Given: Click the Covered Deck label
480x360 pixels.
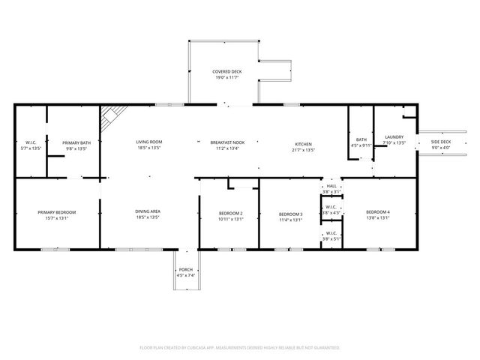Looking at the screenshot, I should [226, 73].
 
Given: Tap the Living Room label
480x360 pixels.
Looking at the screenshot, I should [148, 144].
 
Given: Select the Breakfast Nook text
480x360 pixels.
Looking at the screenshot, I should [226, 144].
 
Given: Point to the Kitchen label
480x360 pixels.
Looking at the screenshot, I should [303, 146].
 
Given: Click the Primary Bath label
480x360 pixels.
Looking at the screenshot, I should [76, 145].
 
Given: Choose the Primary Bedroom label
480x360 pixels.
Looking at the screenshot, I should [57, 214].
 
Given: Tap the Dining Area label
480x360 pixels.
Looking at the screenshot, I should [148, 214].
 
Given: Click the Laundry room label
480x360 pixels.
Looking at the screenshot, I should [394, 139].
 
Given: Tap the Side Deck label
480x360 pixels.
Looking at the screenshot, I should [440, 144].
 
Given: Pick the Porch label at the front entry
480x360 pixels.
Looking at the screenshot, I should [185, 272].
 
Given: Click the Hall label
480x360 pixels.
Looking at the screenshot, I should [331, 189].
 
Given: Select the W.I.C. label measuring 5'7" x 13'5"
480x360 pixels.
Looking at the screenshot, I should [31, 145].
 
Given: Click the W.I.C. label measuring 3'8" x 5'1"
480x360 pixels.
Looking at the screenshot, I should [331, 235].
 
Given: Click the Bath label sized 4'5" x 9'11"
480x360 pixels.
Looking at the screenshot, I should [361, 142].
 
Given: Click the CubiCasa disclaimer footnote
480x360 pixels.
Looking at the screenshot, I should [240, 347].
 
